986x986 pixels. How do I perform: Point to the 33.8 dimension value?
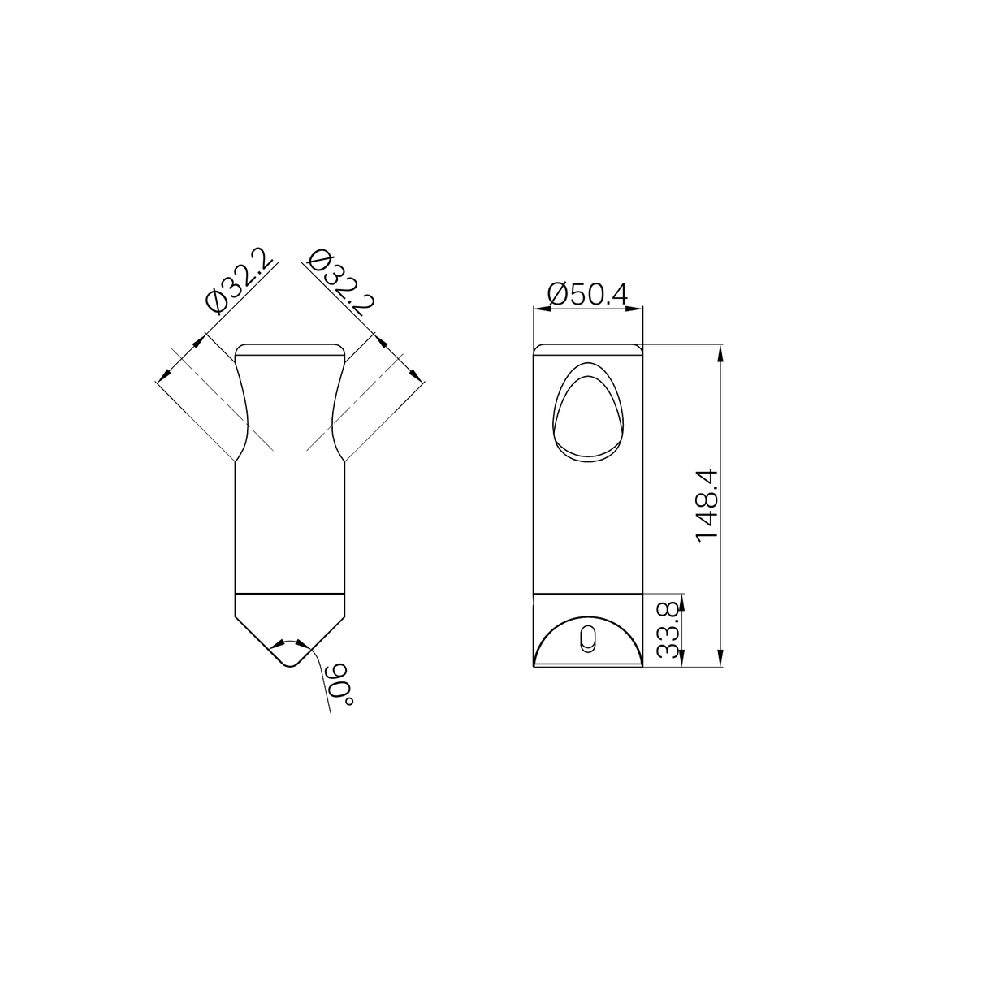click(668, 630)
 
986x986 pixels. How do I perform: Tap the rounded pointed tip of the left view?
click(290, 663)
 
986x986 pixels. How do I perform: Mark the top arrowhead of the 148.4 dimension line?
click(720, 350)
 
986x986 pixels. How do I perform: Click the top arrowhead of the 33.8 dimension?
click(681, 599)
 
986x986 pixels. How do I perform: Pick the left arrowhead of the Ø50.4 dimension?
click(537, 308)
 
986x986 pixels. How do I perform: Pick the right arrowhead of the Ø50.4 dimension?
click(639, 308)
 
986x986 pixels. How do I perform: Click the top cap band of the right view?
click(588, 349)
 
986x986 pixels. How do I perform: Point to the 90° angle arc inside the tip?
click(290, 642)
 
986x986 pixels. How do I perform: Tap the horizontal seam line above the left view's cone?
click(290, 594)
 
